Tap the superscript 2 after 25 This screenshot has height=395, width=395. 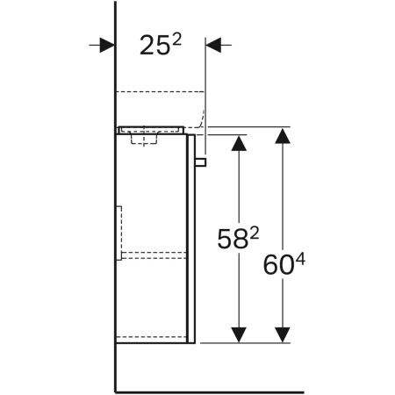tap(176, 39)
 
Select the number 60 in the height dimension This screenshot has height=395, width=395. tap(279, 263)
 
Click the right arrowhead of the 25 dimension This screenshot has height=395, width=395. tap(214, 45)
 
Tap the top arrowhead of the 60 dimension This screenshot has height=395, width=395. tap(282, 137)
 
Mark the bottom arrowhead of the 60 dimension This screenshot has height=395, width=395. tap(282, 334)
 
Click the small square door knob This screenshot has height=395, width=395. tap(201, 162)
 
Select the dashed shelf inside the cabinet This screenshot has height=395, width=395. tap(154, 255)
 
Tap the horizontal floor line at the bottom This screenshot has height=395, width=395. tap(211, 391)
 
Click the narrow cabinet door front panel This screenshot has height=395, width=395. tap(191, 237)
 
